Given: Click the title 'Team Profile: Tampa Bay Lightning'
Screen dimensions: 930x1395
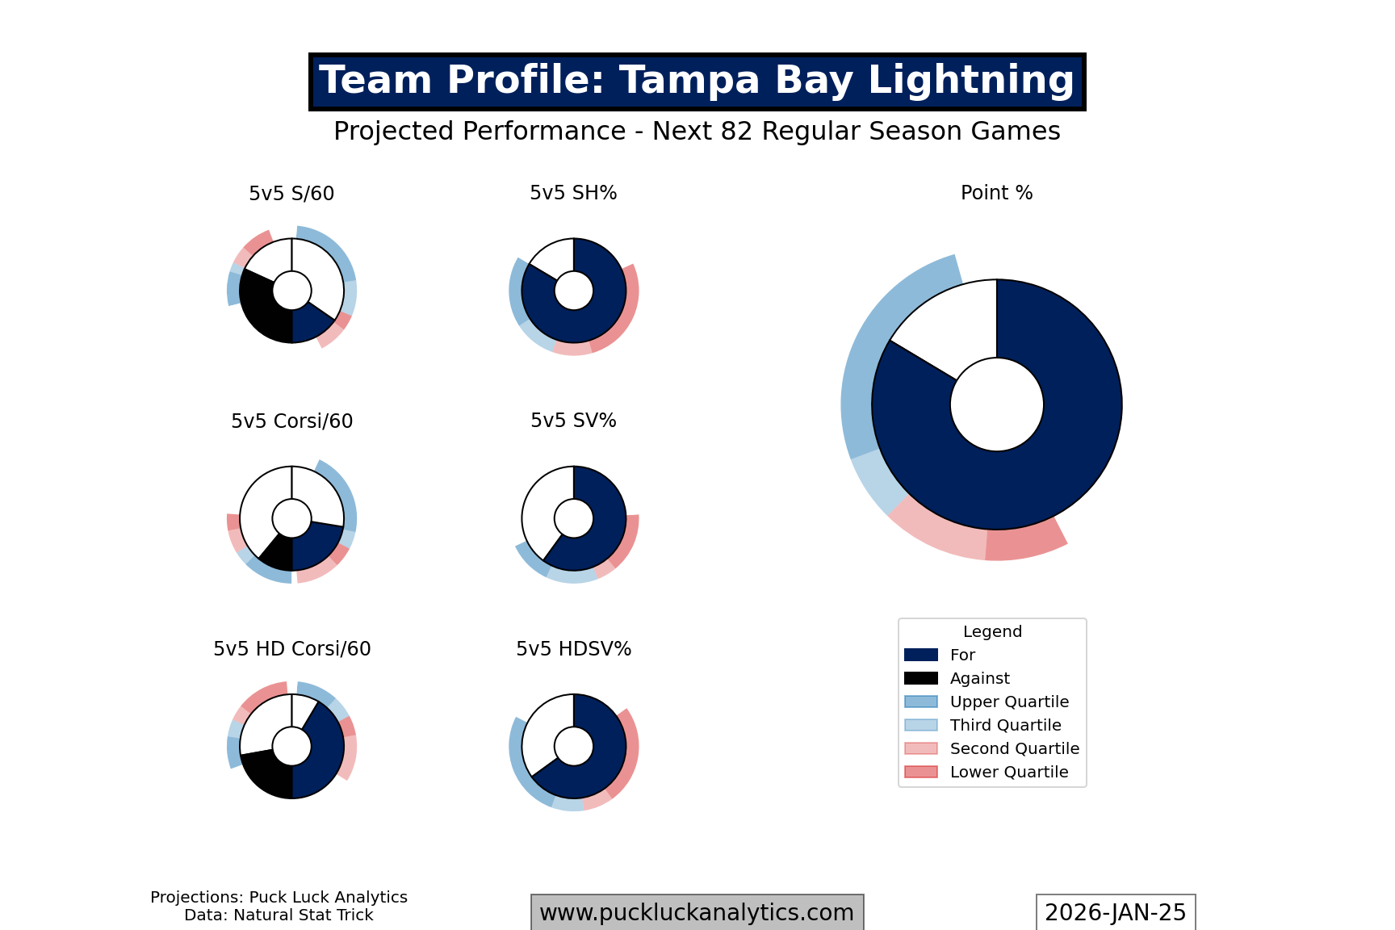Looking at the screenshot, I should [697, 82].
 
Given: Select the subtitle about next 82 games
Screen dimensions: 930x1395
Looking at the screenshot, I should [697, 132].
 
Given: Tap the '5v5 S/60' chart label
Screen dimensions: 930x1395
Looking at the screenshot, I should [291, 194].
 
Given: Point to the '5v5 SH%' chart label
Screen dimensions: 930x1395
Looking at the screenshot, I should [573, 193].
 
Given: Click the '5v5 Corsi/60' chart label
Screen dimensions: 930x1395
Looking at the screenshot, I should [291, 421].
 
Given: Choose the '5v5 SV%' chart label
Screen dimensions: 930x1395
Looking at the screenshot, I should [573, 421].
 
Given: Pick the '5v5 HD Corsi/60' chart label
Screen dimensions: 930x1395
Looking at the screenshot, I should [291, 649].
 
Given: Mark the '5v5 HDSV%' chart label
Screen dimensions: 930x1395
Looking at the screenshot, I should [573, 649].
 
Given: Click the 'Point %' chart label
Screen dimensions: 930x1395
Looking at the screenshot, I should [996, 193].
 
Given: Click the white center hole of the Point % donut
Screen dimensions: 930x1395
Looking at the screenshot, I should [996, 404].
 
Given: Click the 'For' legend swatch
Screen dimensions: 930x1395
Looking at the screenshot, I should [921, 656].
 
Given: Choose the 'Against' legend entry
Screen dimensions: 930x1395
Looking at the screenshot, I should [979, 679].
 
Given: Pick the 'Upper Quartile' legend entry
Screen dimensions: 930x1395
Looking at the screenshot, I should [1008, 702].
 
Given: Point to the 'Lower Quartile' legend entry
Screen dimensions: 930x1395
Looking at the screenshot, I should [1008, 773].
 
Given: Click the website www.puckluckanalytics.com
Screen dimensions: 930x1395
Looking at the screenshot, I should [697, 913].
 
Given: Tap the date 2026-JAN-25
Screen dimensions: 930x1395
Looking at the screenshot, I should [1115, 913].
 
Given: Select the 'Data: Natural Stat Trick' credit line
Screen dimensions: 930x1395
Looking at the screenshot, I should [279, 915].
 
